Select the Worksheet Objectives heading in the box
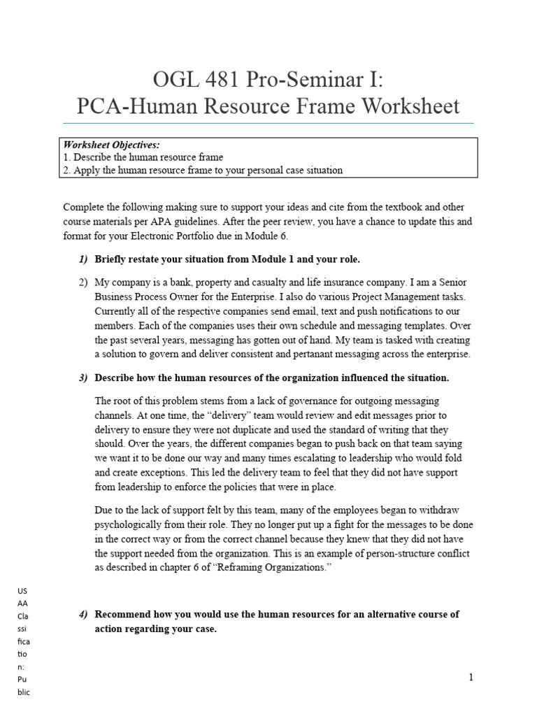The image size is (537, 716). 112,145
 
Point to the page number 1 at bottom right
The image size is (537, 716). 471,678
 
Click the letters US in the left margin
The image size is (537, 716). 22,591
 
